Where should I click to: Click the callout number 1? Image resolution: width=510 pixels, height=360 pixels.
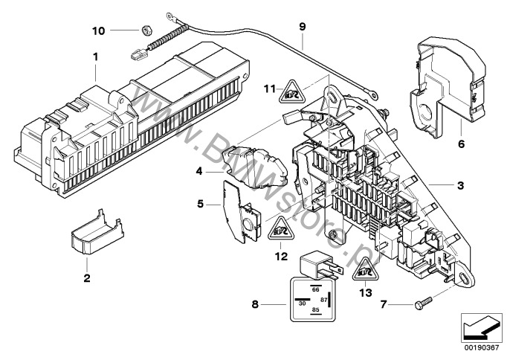coord(94,57)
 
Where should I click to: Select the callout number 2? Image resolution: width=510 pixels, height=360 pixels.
coord(86,279)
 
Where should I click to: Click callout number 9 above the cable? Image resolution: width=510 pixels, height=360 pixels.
coord(303,26)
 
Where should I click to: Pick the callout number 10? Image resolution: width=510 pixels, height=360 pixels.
coord(120,30)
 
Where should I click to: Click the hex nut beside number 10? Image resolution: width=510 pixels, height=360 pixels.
coord(146,30)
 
